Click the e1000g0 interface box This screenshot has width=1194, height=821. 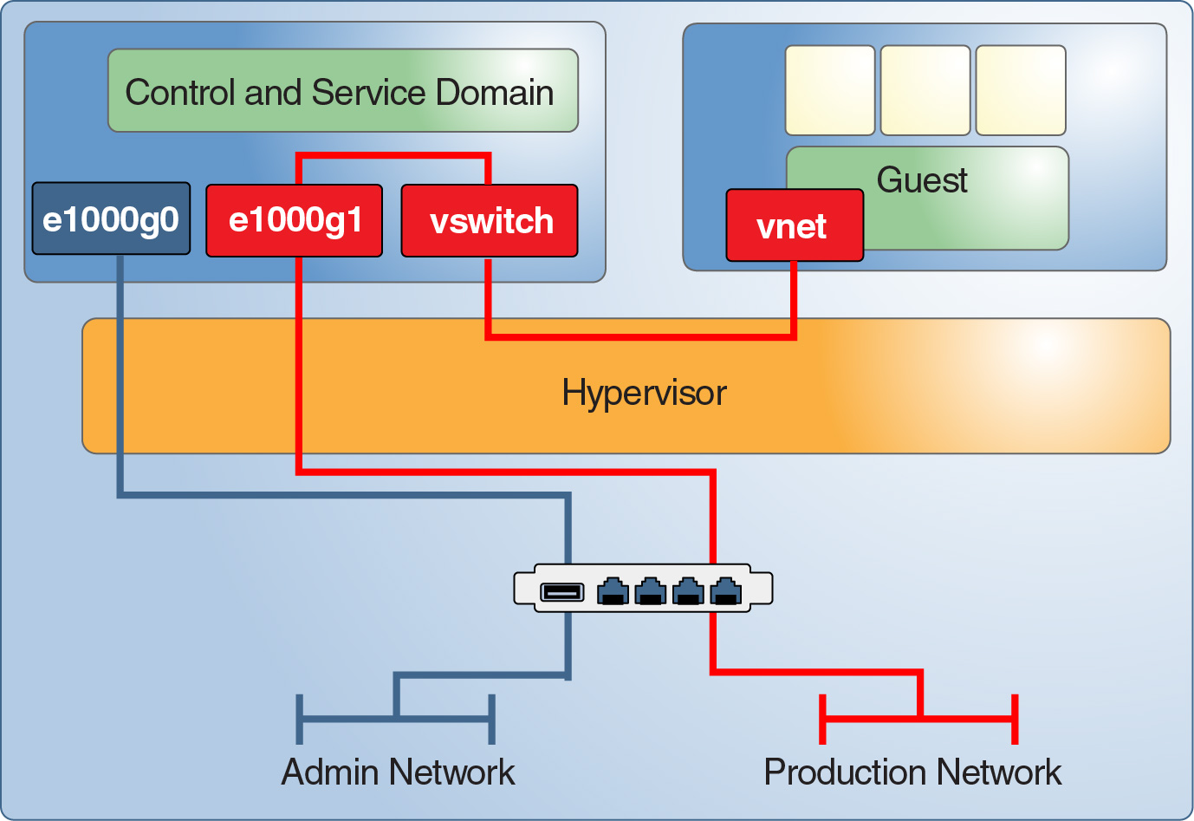pos(111,218)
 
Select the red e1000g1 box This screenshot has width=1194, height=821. pos(294,220)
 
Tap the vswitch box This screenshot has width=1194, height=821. pos(490,221)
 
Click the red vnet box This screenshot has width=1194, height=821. pos(794,226)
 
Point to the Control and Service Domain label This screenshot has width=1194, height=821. pos(340,92)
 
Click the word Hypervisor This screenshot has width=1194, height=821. pos(644,393)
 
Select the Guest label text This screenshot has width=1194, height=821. pos(922,179)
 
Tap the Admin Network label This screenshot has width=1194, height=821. pos(398,772)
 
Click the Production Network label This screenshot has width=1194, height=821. pos(912,772)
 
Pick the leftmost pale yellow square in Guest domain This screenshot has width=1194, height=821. pos(830,90)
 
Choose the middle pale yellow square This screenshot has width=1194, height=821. pos(925,90)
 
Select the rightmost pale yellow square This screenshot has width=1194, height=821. pos(1021,90)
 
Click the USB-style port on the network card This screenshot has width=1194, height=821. pos(562,592)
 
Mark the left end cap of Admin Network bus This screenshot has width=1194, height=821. pos(299,719)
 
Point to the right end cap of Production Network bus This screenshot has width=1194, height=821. pos(1015,719)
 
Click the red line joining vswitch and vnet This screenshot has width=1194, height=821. pos(641,336)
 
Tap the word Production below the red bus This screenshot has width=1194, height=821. pos(845,772)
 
